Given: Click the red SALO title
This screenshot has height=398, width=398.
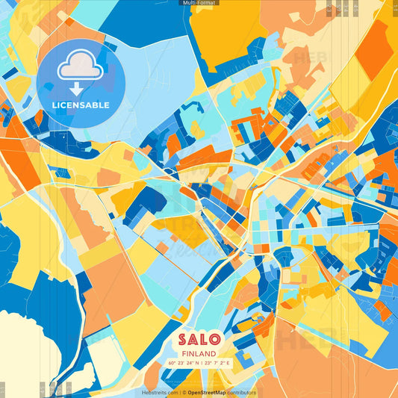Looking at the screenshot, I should point(198,339).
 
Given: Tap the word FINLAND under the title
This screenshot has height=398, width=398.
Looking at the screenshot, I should point(199,353).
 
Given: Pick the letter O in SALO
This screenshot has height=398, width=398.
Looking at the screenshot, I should point(217,339).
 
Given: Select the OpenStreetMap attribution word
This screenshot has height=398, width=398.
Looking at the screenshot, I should point(208,392).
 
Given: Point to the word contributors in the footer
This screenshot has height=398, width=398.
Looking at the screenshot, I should point(242,392).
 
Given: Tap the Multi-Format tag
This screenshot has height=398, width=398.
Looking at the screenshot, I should point(199,3).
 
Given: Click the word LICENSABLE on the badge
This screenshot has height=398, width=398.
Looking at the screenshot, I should point(81,105).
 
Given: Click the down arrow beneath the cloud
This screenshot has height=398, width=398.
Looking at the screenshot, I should point(77,89).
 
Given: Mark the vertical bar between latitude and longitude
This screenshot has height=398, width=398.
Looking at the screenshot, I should point(198,363).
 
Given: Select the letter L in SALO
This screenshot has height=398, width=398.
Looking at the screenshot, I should point(205,339).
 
